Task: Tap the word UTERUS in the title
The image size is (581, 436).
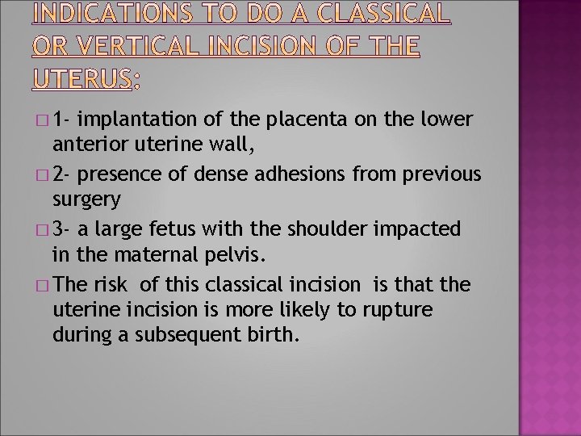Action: click(82, 78)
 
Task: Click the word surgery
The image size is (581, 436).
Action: click(86, 199)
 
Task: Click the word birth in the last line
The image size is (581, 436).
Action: click(274, 335)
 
